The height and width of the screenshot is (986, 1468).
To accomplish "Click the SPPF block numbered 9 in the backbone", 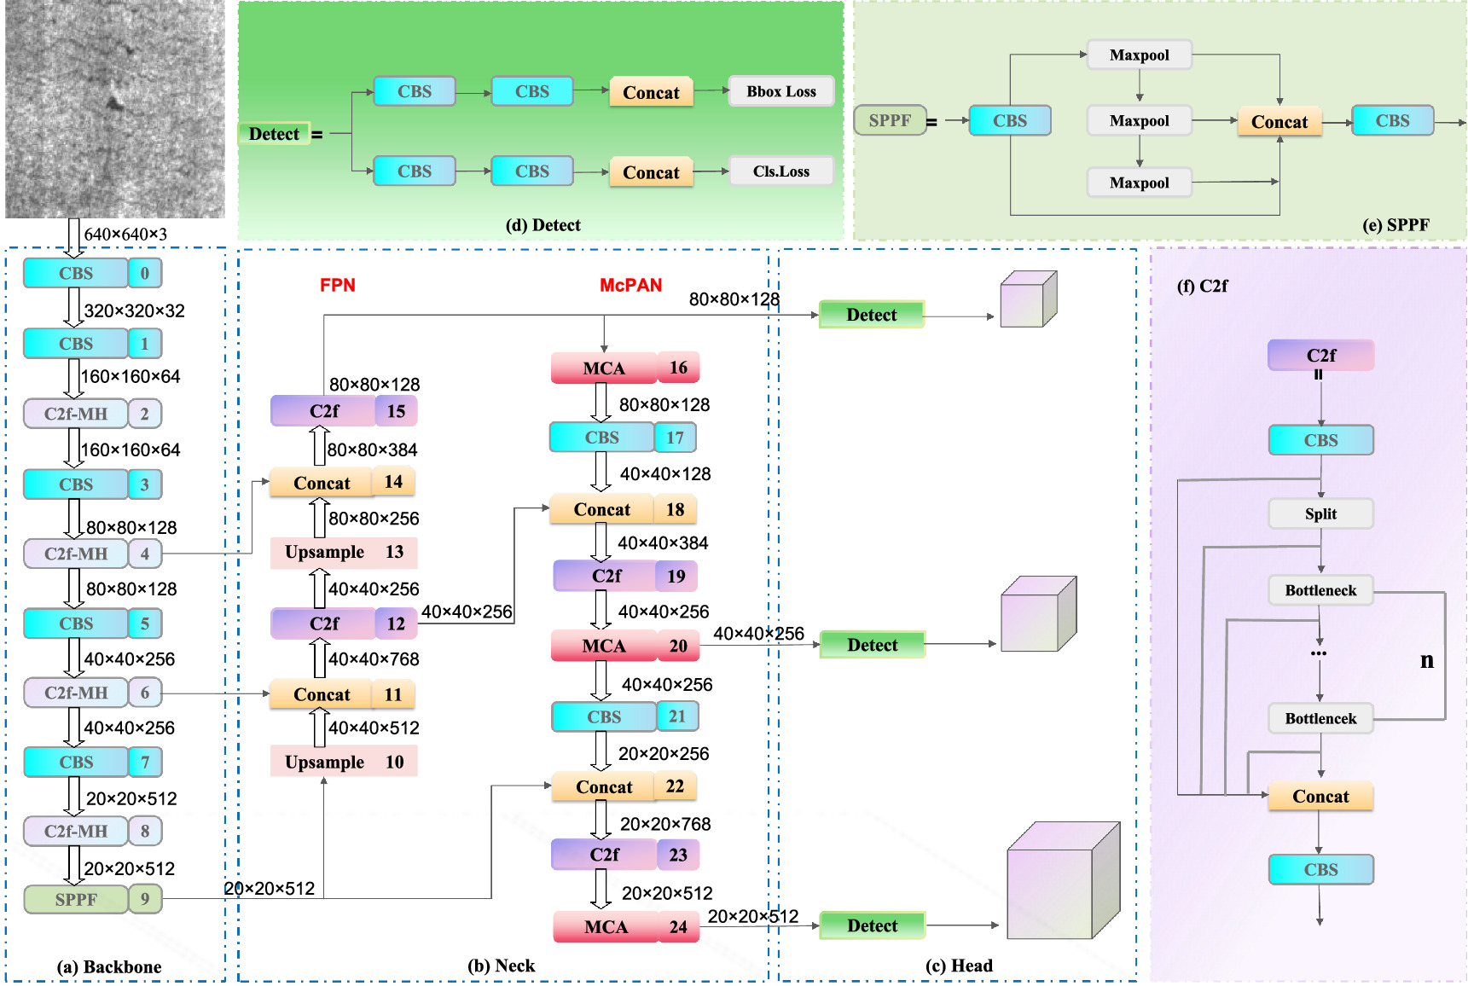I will click(x=76, y=899).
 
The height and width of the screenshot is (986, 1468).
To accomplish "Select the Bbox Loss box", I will click(x=780, y=91).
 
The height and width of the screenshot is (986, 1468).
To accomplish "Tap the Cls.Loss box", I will click(x=780, y=171).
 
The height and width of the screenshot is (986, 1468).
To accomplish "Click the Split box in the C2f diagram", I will click(x=1320, y=513).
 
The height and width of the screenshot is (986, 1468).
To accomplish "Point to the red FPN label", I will click(x=338, y=285).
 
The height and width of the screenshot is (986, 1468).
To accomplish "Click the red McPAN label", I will click(x=630, y=285).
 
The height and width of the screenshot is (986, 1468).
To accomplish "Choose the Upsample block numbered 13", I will click(x=343, y=552).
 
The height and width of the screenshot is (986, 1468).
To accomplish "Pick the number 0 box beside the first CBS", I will click(x=145, y=273).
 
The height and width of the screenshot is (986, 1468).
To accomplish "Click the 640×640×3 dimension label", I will click(x=125, y=234).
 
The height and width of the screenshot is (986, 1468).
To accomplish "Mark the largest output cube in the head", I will click(x=1063, y=881).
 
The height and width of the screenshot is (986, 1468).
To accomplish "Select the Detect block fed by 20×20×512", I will click(x=872, y=925).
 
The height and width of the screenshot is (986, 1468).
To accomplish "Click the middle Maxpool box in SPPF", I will click(x=1139, y=120).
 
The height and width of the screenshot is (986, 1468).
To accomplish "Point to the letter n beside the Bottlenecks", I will click(x=1426, y=660).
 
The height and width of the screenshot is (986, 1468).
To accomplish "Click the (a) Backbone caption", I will click(x=109, y=966).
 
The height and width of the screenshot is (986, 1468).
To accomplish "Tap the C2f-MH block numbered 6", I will click(x=76, y=693).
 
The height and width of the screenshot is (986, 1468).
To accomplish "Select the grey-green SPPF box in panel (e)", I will click(x=890, y=120).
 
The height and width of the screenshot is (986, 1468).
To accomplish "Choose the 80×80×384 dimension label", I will click(x=373, y=449).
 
